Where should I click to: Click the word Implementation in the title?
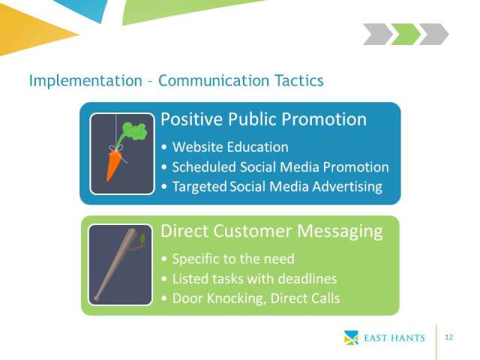(x=85, y=81)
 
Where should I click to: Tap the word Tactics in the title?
(x=298, y=80)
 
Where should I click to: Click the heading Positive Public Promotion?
(x=263, y=118)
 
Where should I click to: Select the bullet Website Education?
(x=230, y=147)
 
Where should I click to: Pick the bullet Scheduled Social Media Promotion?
(x=280, y=167)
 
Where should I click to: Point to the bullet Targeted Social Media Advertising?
(x=277, y=187)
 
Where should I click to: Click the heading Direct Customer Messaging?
(x=271, y=231)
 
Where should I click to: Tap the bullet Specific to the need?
(x=233, y=259)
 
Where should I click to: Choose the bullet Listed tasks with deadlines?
(x=254, y=279)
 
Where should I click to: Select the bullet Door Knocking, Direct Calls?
(x=256, y=298)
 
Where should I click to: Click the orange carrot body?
(x=113, y=165)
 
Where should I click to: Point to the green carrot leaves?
(x=133, y=132)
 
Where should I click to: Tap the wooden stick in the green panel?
(x=115, y=264)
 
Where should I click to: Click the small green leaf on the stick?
(x=142, y=238)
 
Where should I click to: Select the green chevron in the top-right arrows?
(x=406, y=34)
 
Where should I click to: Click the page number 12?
(x=448, y=337)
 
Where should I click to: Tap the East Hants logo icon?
(x=351, y=337)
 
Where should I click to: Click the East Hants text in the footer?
(x=394, y=338)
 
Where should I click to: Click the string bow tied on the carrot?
(x=117, y=150)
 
